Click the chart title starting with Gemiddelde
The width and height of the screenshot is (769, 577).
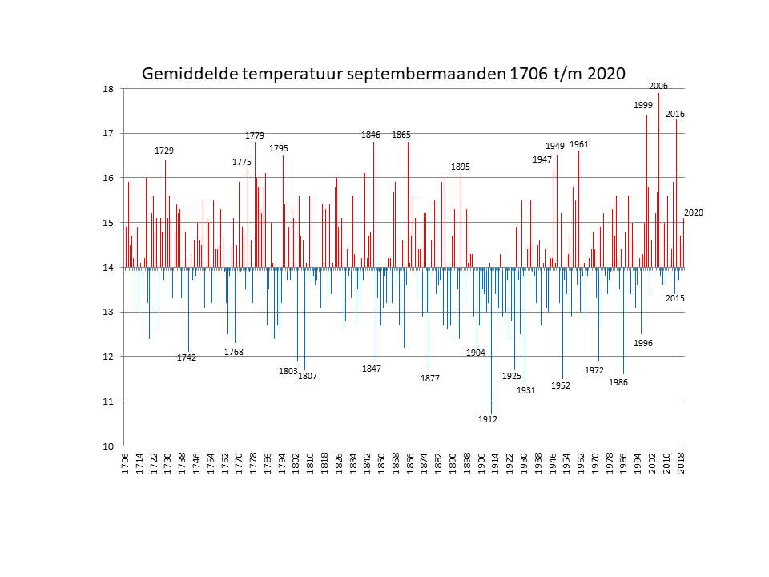(383, 74)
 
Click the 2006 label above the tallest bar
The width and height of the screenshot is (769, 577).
(658, 86)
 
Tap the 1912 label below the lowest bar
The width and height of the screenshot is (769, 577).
(488, 419)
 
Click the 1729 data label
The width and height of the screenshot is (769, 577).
(164, 151)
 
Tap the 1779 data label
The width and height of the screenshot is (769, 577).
(255, 135)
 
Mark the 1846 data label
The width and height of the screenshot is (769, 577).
(371, 135)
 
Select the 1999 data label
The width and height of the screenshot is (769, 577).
(643, 105)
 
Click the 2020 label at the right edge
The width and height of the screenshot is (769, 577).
(694, 212)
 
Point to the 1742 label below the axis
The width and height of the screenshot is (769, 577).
(187, 357)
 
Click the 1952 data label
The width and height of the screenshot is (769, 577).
(561, 385)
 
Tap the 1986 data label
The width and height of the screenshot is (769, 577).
(618, 382)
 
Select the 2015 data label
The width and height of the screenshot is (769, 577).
(675, 298)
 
